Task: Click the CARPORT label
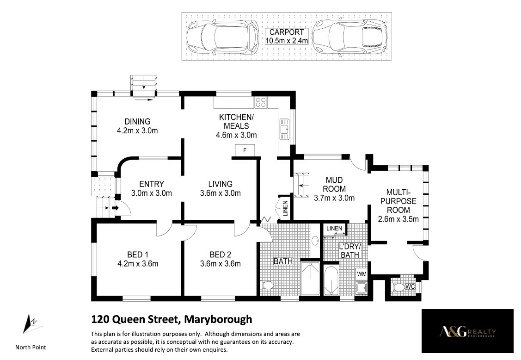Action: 287,32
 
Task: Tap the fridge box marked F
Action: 245,150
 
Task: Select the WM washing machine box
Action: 362,274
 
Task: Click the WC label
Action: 411,286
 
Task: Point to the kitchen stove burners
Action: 261,102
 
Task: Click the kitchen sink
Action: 284,130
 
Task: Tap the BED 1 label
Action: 138,255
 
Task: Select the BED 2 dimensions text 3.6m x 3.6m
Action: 221,264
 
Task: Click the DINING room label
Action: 137,122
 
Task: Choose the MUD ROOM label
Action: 334,185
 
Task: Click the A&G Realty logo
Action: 467,331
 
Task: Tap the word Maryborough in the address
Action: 218,319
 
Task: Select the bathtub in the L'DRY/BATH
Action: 331,280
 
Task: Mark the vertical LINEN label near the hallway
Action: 285,208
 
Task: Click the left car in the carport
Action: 222,37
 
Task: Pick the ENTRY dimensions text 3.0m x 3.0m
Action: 152,193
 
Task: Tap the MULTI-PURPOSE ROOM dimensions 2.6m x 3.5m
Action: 398,219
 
